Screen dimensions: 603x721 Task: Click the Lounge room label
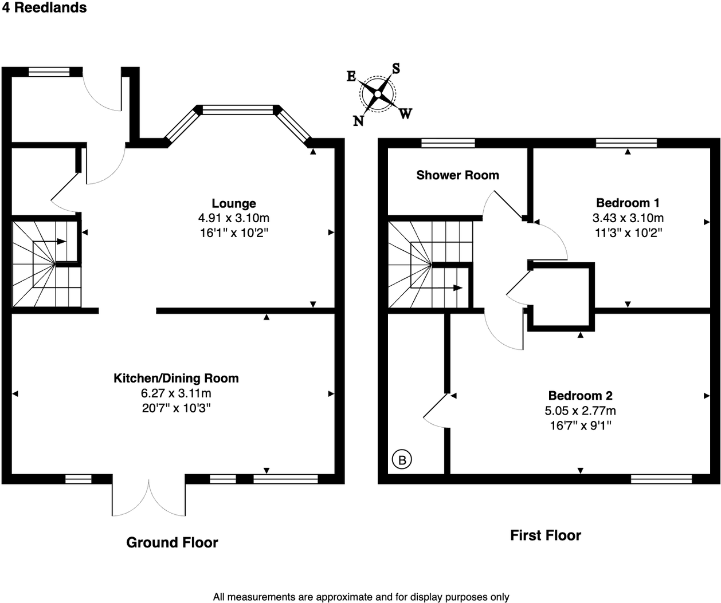pyautogui.click(x=233, y=203)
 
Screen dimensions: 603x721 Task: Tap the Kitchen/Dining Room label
pyautogui.click(x=176, y=379)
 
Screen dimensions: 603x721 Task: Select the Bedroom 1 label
pyautogui.click(x=628, y=203)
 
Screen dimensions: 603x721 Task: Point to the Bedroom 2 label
pyautogui.click(x=580, y=396)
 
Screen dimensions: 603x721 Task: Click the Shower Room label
pyautogui.click(x=457, y=175)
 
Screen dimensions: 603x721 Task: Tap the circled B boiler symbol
pyautogui.click(x=402, y=459)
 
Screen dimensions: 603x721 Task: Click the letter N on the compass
pyautogui.click(x=358, y=121)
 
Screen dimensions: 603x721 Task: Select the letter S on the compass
pyautogui.click(x=395, y=69)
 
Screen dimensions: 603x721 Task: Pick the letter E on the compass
pyautogui.click(x=351, y=77)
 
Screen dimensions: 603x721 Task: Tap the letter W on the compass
pyautogui.click(x=405, y=113)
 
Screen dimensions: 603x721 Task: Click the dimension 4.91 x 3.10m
pyautogui.click(x=233, y=218)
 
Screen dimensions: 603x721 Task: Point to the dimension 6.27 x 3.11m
pyautogui.click(x=176, y=393)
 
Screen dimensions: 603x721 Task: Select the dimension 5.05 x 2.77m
pyautogui.click(x=580, y=411)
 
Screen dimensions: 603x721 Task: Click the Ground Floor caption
pyautogui.click(x=172, y=542)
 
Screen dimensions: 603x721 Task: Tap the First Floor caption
pyautogui.click(x=545, y=535)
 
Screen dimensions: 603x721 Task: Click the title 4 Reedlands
pyautogui.click(x=44, y=8)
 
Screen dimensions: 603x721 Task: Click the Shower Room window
pyautogui.click(x=448, y=143)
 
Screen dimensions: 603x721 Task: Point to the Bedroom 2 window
pyautogui.click(x=661, y=479)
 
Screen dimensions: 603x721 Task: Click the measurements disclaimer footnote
pyautogui.click(x=360, y=597)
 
